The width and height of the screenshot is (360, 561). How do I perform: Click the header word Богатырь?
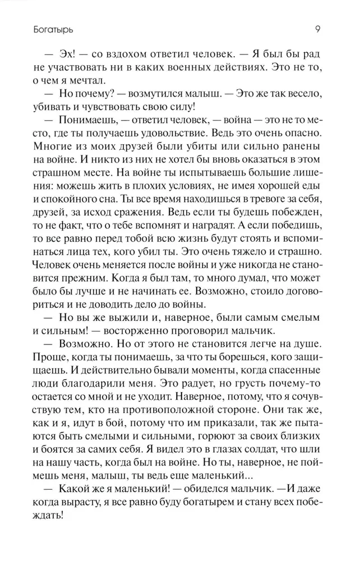coord(35,26)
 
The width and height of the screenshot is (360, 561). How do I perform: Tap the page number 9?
coord(317,26)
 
